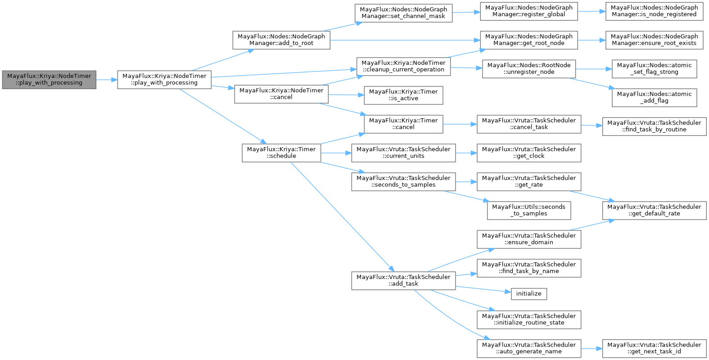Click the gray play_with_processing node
pos(49,80)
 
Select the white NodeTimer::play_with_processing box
pos(164,80)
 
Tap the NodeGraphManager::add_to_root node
pos(281,40)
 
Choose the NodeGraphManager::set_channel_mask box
pos(403,13)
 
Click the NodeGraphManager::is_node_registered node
pos(654,11)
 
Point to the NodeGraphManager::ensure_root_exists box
pos(654,40)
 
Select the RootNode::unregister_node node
pos(529,69)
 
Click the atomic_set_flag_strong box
pos(654,69)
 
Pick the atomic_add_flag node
pos(654,98)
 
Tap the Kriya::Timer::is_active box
pos(403,95)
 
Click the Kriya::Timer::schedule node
pos(281,153)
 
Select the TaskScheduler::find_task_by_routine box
pos(654,126)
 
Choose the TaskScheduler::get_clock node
pos(529,153)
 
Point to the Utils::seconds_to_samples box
pos(529,211)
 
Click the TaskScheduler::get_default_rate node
pos(654,211)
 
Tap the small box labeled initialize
pos(529,294)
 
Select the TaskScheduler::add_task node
pos(403,280)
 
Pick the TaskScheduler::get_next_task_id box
pos(654,349)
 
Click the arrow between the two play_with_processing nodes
pos(107,80)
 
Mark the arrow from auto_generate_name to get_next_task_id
pos(592,349)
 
